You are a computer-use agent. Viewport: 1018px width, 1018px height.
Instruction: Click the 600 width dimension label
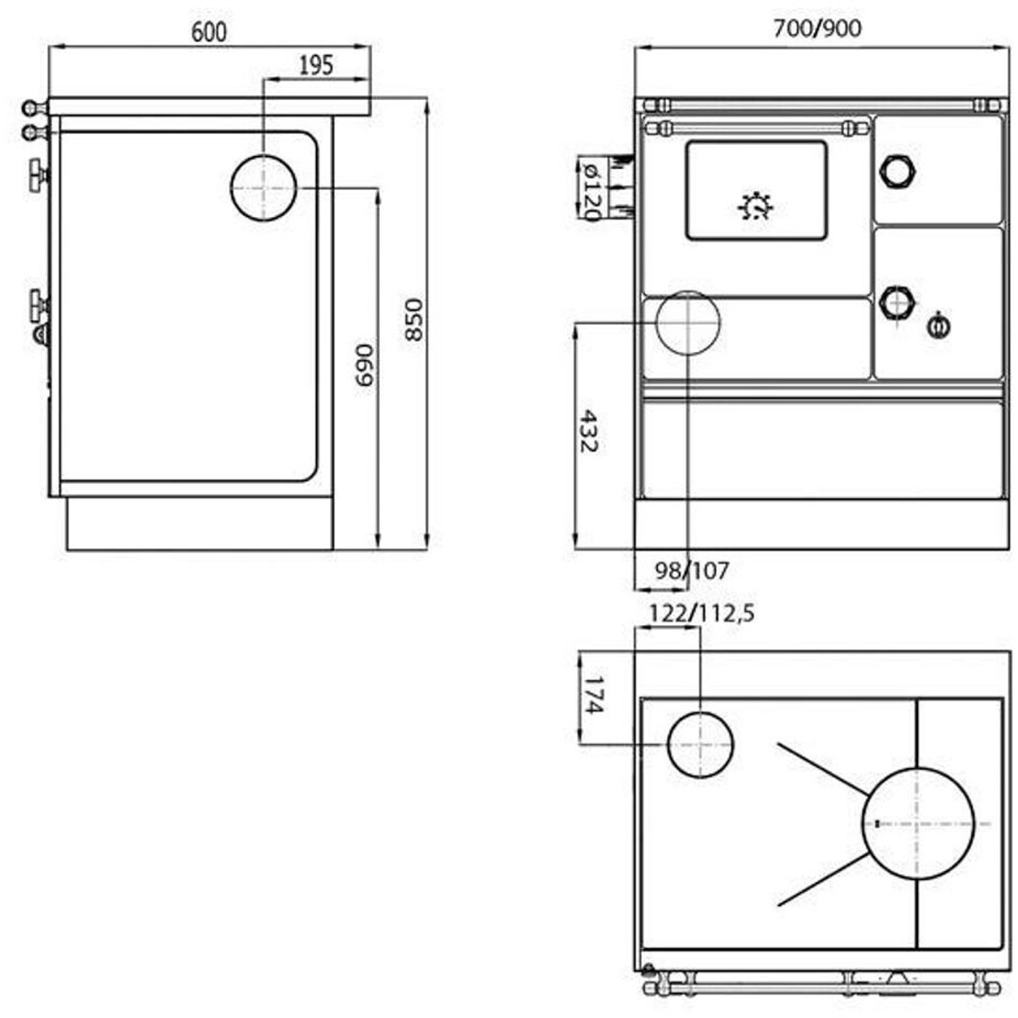[x=209, y=32]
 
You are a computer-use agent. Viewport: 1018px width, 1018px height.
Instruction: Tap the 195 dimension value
[x=316, y=65]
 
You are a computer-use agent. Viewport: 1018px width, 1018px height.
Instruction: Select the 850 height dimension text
[x=413, y=319]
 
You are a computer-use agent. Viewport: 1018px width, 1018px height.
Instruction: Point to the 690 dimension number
[x=365, y=365]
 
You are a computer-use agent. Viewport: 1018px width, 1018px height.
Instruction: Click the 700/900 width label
[x=818, y=28]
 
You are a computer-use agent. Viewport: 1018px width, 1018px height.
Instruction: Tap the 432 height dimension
[x=588, y=431]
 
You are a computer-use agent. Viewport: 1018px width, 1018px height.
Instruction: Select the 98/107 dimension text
[x=692, y=571]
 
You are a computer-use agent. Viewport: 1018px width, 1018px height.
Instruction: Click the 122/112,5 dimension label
[x=703, y=613]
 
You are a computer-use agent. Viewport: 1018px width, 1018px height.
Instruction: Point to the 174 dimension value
[x=594, y=694]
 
